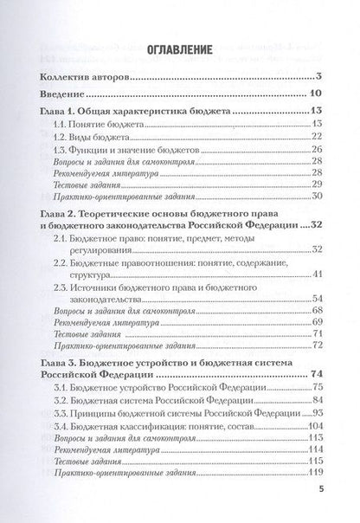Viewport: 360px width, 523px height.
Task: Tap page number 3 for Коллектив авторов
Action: (x=319, y=77)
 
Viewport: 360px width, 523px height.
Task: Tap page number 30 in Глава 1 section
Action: (x=317, y=197)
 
